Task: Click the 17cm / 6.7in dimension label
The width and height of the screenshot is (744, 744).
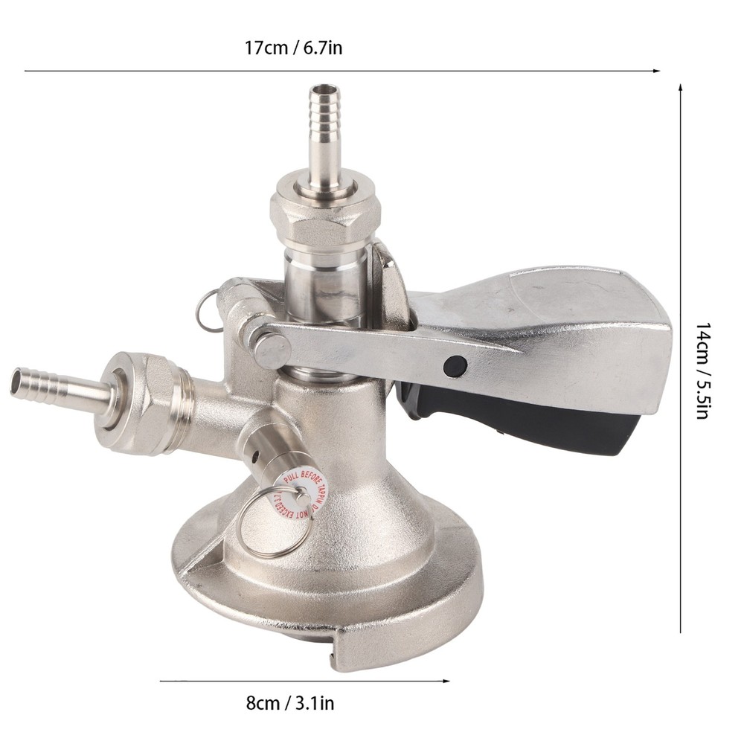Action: (294, 49)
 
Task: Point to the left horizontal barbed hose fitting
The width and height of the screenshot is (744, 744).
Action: (52, 383)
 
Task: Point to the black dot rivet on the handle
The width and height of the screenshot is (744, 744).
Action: (454, 365)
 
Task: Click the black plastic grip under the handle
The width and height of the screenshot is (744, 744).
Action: (521, 424)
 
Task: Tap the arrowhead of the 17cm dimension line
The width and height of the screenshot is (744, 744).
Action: (657, 71)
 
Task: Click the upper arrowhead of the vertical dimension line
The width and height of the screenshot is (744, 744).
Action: (681, 88)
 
